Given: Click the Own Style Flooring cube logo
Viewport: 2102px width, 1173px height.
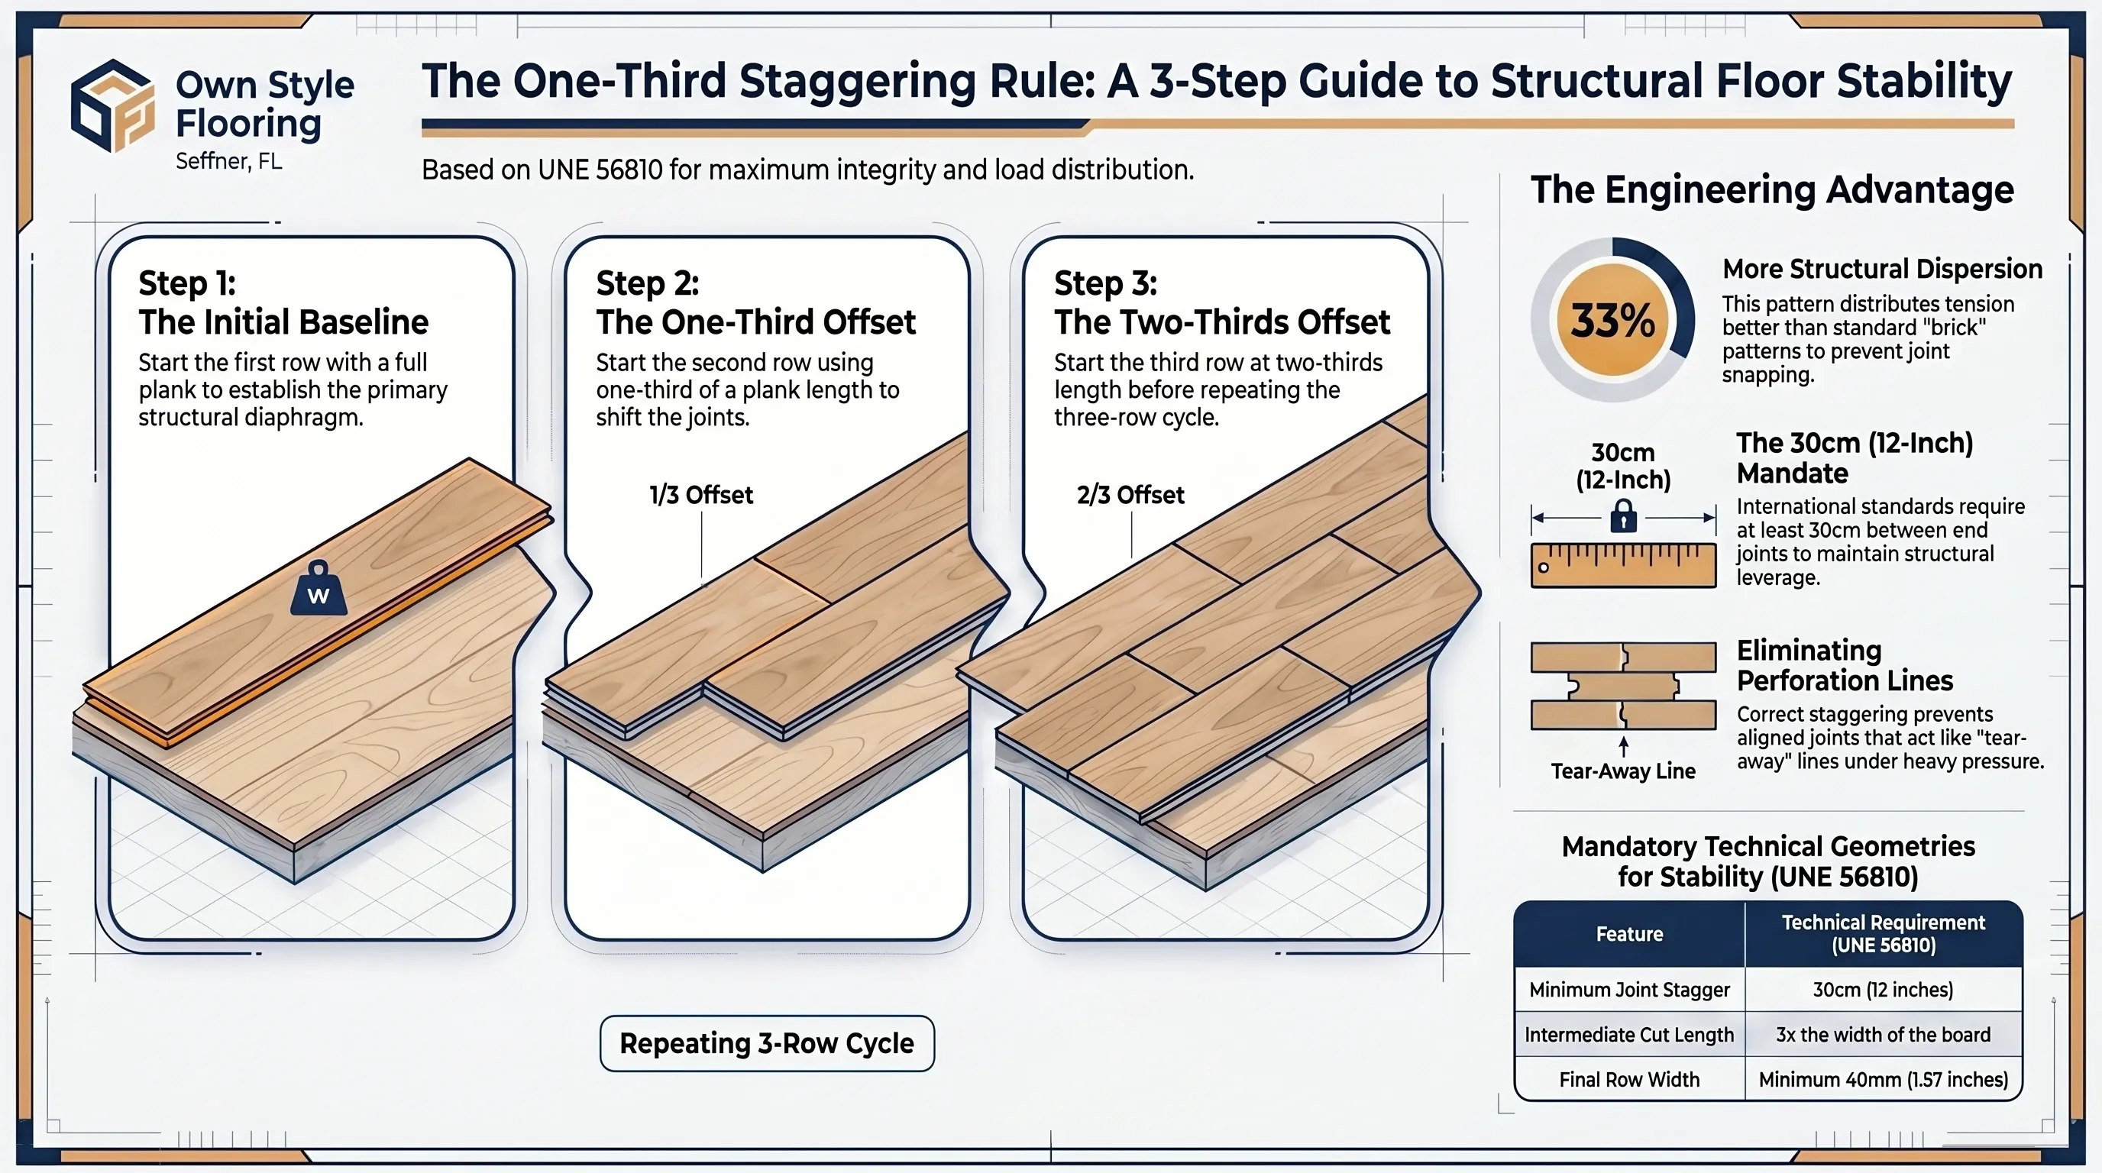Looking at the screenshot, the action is (x=112, y=105).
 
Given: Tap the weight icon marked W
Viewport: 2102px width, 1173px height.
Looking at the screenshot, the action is (x=319, y=588).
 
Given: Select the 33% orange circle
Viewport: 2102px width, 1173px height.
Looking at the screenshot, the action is (x=1612, y=320).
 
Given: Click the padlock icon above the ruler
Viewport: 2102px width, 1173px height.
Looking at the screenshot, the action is (x=1623, y=515).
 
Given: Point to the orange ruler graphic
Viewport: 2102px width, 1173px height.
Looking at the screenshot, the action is (x=1623, y=564).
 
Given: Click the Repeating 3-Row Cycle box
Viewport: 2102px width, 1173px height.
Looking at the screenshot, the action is (x=767, y=1043).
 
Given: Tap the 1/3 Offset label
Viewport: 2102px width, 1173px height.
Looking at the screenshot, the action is (x=701, y=495).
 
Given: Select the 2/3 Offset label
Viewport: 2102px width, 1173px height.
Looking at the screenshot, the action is (x=1130, y=495).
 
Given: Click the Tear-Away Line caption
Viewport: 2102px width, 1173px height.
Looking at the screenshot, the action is (x=1623, y=771).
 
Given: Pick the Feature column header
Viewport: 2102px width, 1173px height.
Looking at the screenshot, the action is (x=1629, y=934).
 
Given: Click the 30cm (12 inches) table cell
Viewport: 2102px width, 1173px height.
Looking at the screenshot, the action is (x=1884, y=990).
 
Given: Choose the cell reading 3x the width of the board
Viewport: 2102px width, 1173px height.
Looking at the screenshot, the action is (x=1884, y=1034).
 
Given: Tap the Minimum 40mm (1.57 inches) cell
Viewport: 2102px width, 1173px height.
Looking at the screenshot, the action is (x=1884, y=1079).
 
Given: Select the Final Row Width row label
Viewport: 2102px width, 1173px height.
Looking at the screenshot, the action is (x=1629, y=1079).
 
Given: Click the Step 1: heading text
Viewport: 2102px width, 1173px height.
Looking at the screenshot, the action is (x=187, y=283).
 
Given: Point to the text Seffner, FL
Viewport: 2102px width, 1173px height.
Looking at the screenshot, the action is (x=229, y=160).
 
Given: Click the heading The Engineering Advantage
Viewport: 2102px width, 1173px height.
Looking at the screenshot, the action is (x=1772, y=190).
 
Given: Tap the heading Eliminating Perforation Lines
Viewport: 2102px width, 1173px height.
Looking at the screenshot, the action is (x=1845, y=665).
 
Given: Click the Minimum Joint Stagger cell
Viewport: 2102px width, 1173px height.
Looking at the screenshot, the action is (x=1629, y=990).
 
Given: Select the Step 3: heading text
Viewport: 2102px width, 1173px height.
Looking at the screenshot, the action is (x=1106, y=283).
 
